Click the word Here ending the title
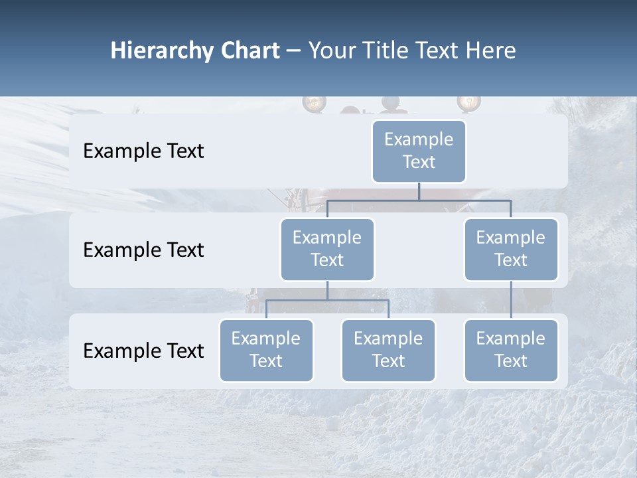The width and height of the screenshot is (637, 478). coord(490,51)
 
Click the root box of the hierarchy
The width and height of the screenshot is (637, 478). coord(419,151)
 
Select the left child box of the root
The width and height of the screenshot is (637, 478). coord(327,249)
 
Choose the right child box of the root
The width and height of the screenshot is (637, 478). coord(510,249)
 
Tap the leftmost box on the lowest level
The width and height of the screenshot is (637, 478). coord(266,350)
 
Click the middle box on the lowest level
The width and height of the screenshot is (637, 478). coord(388,350)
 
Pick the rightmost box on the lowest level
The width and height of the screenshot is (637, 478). coord(510,350)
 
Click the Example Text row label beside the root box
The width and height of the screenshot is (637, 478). coord(143,151)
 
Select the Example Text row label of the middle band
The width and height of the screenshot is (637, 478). coord(143,250)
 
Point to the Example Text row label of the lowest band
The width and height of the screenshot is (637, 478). coord(143,351)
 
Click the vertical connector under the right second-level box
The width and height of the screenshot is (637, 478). coord(511,299)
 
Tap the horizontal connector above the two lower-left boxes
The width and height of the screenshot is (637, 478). coord(327,300)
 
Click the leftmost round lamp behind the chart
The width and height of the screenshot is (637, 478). coord(313,103)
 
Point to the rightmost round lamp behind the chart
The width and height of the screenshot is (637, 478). coord(468,102)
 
